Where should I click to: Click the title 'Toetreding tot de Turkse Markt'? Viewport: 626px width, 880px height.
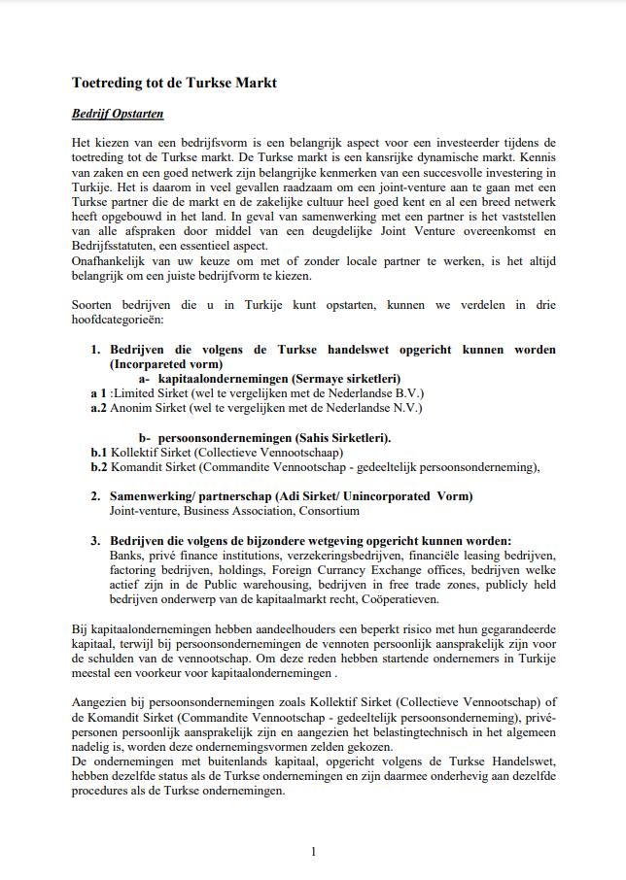(x=174, y=83)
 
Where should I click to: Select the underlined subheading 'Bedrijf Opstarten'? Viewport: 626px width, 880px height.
(x=118, y=114)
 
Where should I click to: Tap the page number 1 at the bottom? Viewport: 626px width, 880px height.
(x=313, y=851)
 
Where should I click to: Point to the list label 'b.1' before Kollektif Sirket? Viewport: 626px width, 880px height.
(x=99, y=452)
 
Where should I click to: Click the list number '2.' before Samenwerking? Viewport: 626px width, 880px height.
(x=96, y=496)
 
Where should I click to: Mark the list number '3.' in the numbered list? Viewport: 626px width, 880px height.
(x=96, y=540)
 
